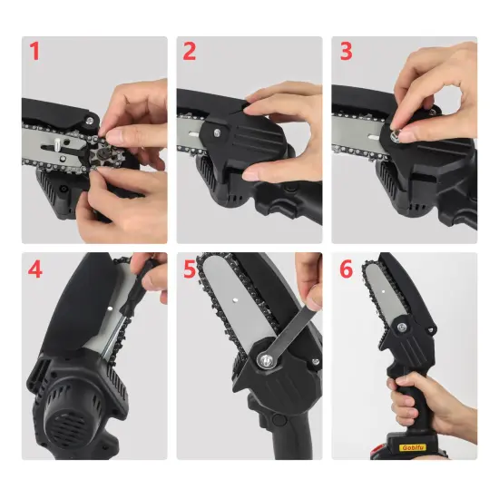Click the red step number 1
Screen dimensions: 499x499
tap(35, 51)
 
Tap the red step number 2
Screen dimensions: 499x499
tap(189, 51)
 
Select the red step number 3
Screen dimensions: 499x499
tap(345, 51)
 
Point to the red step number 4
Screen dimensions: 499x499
tap(35, 269)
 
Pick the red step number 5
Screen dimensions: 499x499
tap(190, 269)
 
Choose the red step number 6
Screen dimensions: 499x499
tap(345, 269)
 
